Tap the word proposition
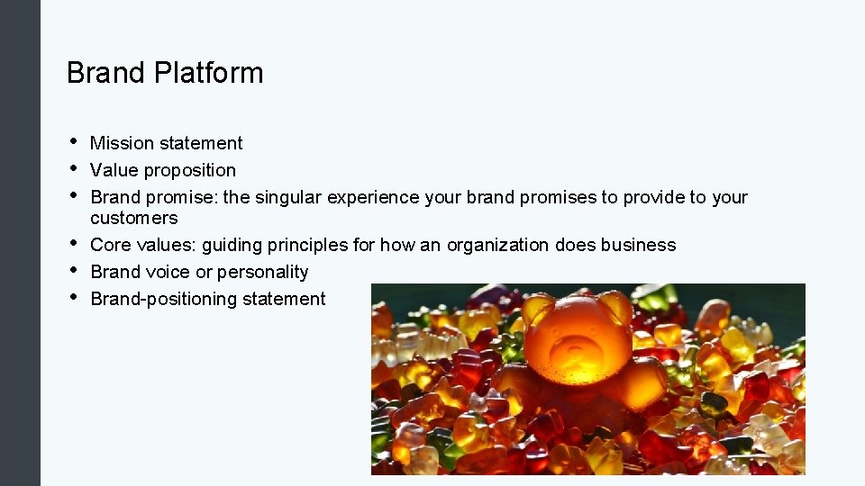coord(190,170)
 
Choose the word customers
coord(134,218)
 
